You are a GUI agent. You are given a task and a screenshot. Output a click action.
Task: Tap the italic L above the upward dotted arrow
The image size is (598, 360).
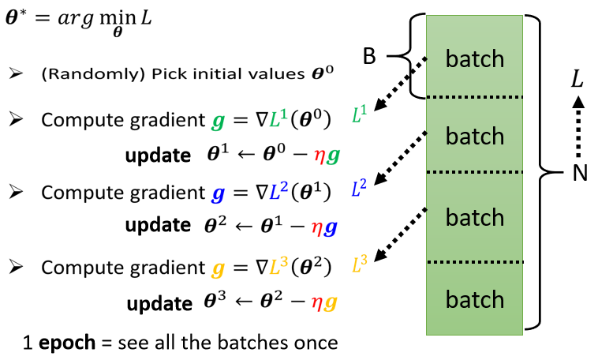coord(578,78)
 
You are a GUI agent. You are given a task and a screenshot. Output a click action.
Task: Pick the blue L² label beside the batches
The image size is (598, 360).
coord(360,187)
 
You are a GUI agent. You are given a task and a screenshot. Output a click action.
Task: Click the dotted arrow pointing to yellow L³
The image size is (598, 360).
coord(400,232)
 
